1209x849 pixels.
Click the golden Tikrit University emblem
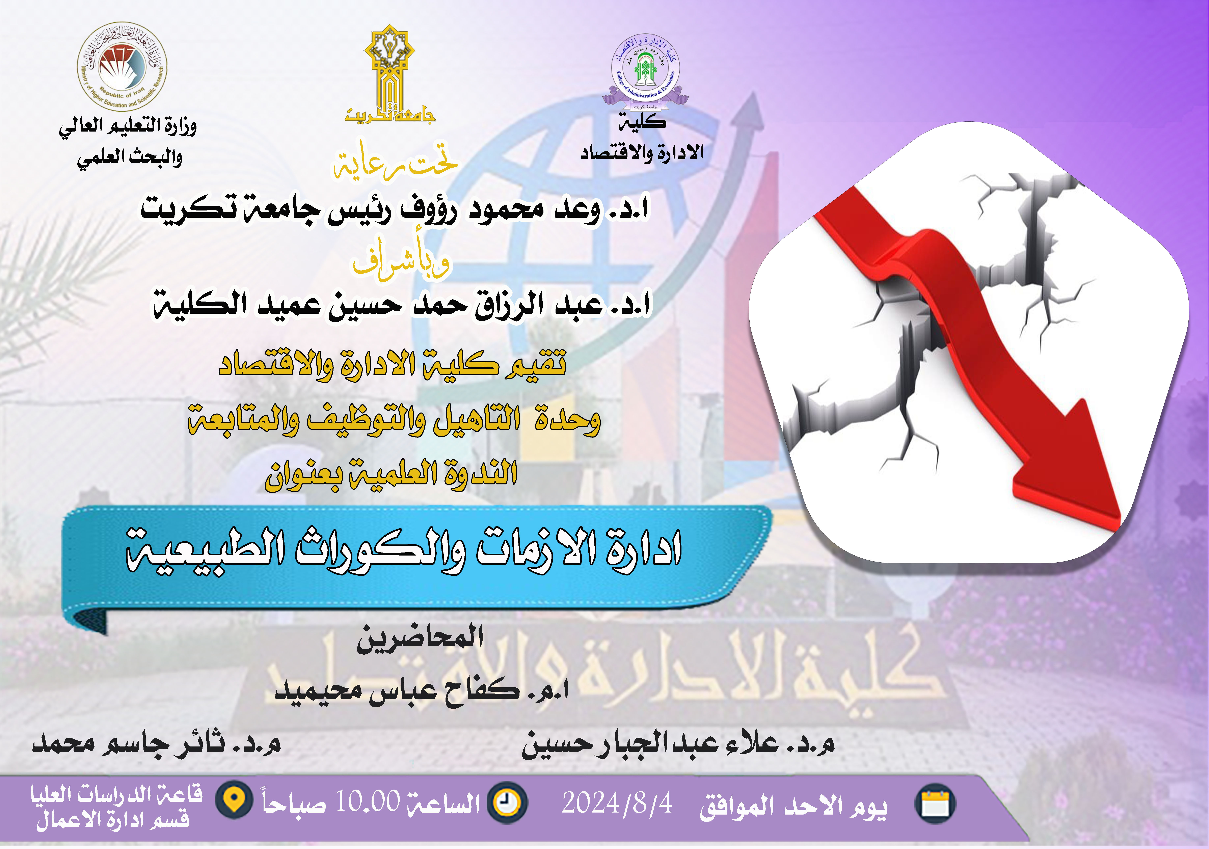click(x=390, y=74)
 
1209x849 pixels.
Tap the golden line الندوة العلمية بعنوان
click(x=391, y=474)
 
